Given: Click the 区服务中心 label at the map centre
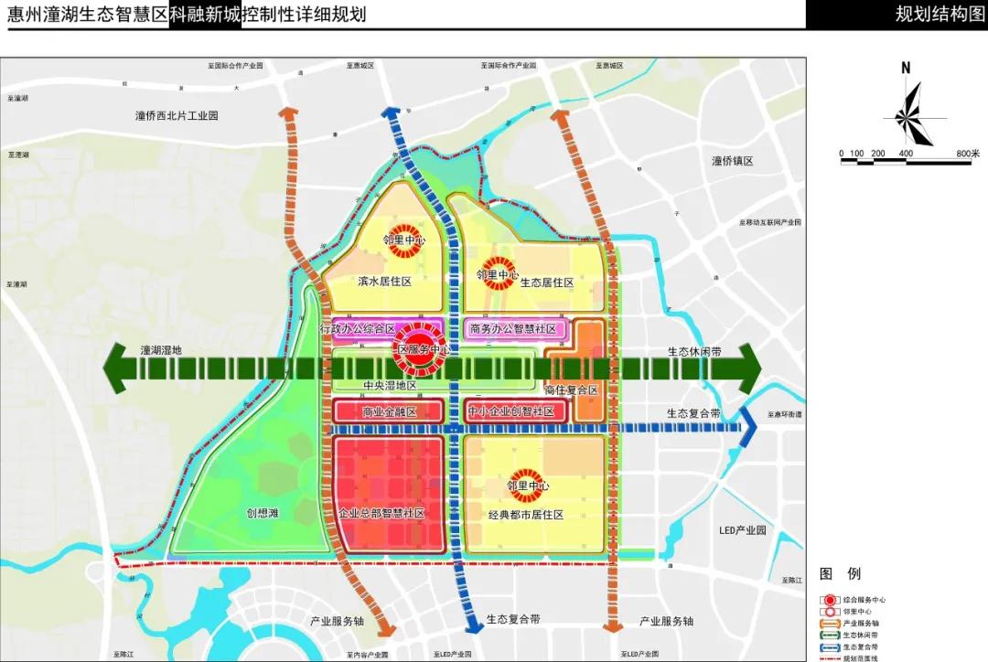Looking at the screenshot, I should tap(424, 349).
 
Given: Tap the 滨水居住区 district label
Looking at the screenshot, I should tap(384, 282).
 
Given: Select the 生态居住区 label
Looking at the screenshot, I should tap(547, 283).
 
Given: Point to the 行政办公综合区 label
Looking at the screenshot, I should tap(358, 328).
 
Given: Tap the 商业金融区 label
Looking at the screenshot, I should tap(390, 412).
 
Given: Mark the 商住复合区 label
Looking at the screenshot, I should tap(571, 390).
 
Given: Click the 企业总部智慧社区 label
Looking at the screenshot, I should tap(381, 515).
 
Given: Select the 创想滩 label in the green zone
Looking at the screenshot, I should tap(262, 514).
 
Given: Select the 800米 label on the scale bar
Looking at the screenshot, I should tap(967, 153).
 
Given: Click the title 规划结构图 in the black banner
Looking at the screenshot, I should tap(939, 14).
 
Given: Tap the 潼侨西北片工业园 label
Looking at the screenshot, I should tap(177, 116).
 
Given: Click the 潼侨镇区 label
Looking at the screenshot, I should tap(732, 161).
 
